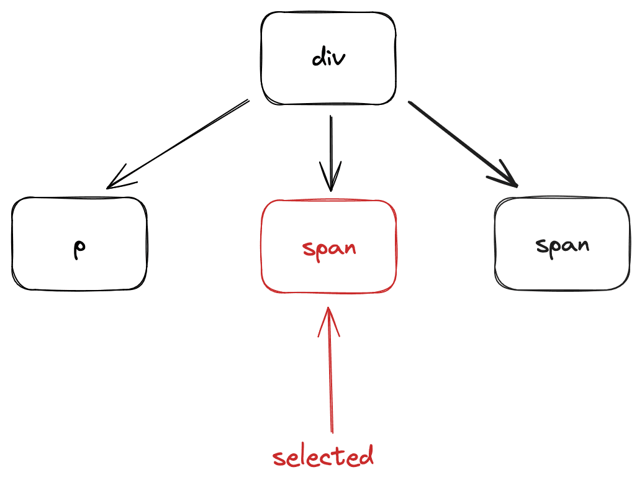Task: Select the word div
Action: pyautogui.click(x=328, y=58)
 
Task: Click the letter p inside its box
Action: pyautogui.click(x=79, y=249)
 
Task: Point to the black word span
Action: pyautogui.click(x=563, y=245)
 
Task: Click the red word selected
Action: pyautogui.click(x=323, y=457)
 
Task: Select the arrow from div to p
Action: pyautogui.click(x=180, y=142)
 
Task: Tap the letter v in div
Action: pyautogui.click(x=340, y=60)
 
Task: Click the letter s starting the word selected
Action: pyautogui.click(x=279, y=460)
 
